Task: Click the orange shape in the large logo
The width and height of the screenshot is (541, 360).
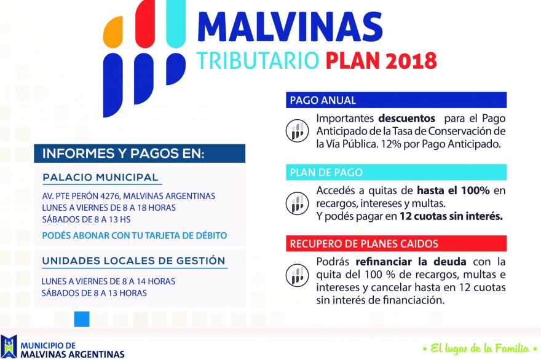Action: pyautogui.click(x=113, y=32)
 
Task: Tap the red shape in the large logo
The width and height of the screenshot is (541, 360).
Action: pyautogui.click(x=145, y=24)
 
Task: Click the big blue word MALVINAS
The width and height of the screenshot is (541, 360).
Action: pyautogui.click(x=290, y=27)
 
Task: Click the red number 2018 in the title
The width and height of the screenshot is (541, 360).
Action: pyautogui.click(x=411, y=61)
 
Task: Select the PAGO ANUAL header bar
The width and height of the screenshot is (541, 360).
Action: pyautogui.click(x=396, y=100)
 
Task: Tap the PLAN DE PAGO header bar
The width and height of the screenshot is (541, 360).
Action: pyautogui.click(x=396, y=172)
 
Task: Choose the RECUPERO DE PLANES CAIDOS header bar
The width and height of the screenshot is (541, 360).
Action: pyautogui.click(x=396, y=243)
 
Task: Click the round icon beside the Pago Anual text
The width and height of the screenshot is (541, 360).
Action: pyautogui.click(x=297, y=131)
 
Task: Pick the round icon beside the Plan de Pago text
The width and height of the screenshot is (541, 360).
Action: pyautogui.click(x=297, y=203)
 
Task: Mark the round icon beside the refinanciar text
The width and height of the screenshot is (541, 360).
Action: pyautogui.click(x=297, y=275)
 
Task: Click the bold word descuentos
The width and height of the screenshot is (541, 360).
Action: pyautogui.click(x=407, y=119)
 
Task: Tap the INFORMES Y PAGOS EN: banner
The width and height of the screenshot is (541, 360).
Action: pyautogui.click(x=140, y=154)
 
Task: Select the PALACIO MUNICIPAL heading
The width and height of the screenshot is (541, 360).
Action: pyautogui.click(x=100, y=178)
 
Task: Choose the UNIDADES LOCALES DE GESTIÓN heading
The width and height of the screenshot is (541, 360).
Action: pyautogui.click(x=133, y=260)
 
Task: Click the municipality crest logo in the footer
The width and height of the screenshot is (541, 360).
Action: pyautogui.click(x=9, y=346)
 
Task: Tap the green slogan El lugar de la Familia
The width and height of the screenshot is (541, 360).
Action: pyautogui.click(x=480, y=348)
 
